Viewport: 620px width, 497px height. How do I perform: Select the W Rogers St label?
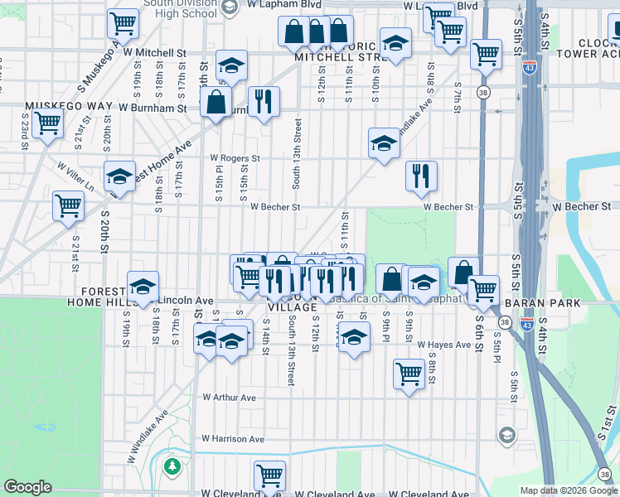pos(235,157)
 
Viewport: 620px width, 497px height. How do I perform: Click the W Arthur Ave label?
pos(230,398)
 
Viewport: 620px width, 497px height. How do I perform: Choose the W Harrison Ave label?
pos(232,438)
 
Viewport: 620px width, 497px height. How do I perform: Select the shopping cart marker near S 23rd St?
pos(48,123)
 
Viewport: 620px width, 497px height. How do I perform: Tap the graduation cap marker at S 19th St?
pos(143,287)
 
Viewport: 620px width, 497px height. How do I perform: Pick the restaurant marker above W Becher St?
pos(421,175)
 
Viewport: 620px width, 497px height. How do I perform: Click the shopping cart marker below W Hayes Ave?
pos(409,374)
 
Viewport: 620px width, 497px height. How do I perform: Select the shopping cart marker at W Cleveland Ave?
pos(270,475)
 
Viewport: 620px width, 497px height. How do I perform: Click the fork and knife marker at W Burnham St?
pos(264,101)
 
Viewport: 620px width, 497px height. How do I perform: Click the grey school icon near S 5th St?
pos(506,435)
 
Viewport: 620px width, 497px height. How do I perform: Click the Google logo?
pos(28,487)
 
